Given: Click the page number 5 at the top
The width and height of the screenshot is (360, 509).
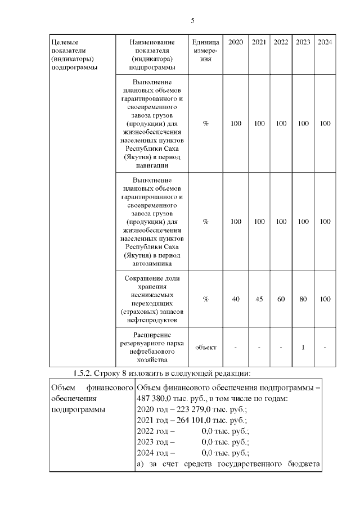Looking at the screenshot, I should [192, 21].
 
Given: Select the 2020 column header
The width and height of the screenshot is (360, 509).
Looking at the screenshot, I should [236, 42].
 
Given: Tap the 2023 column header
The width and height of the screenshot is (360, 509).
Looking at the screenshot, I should [303, 42].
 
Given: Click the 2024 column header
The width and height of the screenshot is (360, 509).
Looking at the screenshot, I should [325, 42].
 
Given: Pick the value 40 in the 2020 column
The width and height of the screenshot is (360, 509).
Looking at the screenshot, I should [236, 299].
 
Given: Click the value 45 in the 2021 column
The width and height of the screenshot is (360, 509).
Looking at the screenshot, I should [259, 299].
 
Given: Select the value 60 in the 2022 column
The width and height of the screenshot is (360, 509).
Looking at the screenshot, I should [281, 299].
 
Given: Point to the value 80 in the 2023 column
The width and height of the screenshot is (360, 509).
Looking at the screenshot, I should [303, 299].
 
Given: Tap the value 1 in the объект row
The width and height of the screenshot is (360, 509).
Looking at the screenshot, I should [303, 347].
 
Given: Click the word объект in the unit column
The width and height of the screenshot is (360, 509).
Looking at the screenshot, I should [205, 347].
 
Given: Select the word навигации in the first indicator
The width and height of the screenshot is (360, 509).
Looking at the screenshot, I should [152, 165].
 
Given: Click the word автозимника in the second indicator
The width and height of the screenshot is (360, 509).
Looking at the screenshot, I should [152, 263].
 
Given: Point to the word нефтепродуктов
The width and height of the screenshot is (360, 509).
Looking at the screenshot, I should [152, 320].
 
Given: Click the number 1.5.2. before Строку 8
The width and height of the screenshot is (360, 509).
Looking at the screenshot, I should [86, 373].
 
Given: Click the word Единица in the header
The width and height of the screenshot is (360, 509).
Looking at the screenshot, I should [205, 42].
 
